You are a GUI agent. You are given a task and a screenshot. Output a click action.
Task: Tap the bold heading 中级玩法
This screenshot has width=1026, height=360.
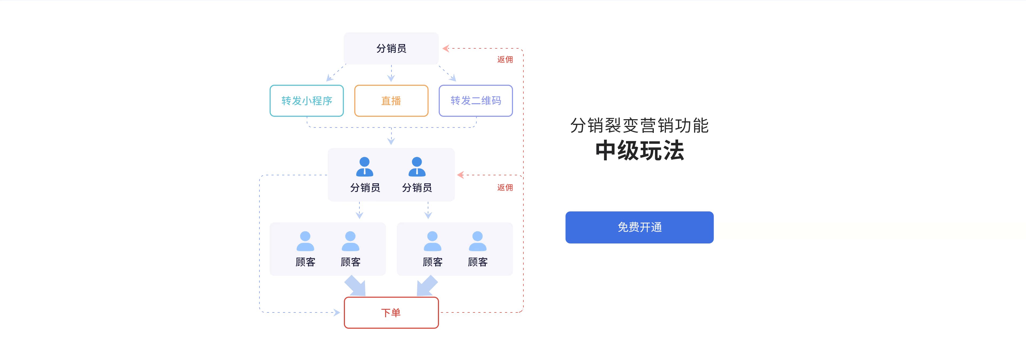coord(640,150)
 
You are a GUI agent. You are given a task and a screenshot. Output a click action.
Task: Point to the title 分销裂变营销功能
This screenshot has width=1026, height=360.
coord(639,125)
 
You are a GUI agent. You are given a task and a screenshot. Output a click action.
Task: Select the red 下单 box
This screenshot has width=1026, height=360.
coord(391,313)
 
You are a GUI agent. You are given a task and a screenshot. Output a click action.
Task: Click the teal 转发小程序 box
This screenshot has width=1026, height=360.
coord(307,101)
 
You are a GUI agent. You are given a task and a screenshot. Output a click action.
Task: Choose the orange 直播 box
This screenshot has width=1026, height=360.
coord(391,101)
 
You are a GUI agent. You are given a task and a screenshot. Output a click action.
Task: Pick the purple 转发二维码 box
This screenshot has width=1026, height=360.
coord(476,101)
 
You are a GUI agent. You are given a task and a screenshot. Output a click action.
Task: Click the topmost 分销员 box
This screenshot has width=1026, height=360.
coord(391,48)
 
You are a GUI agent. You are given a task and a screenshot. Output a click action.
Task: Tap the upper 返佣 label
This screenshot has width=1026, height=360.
coord(505,59)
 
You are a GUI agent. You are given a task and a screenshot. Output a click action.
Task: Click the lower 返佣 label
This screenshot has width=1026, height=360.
coord(505,188)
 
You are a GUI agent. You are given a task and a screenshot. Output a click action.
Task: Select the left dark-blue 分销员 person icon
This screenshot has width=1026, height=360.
coord(364,167)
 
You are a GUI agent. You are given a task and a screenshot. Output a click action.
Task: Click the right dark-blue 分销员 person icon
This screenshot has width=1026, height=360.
coord(417,167)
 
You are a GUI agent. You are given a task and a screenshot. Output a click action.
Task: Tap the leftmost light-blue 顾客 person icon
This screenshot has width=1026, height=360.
coord(305,241)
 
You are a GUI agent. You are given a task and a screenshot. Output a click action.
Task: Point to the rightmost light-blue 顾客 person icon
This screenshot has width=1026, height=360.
coord(477,241)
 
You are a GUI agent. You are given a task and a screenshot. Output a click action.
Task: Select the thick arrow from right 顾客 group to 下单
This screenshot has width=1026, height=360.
coord(427,286)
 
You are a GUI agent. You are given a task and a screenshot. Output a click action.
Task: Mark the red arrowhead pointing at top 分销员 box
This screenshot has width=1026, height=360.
coord(446,49)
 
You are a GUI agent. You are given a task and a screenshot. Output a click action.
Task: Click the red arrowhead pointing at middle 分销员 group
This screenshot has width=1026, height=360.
coord(460,175)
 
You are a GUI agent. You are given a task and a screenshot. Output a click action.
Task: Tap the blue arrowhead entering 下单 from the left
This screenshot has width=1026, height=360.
coord(337,313)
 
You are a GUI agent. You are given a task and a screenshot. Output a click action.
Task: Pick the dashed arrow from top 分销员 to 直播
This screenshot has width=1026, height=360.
coord(391,73)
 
